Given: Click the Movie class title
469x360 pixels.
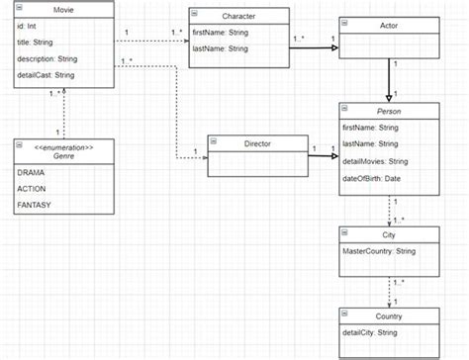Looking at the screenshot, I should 62,9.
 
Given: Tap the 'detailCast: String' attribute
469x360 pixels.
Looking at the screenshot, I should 46,74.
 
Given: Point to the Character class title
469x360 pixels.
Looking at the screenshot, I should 238,17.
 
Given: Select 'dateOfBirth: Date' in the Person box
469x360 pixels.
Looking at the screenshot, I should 373,178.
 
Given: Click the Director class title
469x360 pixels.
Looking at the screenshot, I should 255,144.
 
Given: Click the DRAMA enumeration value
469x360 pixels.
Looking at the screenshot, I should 33,172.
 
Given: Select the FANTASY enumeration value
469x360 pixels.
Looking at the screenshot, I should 36,205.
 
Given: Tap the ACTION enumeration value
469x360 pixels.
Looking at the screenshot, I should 34,188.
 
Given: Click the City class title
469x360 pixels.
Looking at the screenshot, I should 388,235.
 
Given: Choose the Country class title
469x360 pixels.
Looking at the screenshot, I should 388,315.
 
